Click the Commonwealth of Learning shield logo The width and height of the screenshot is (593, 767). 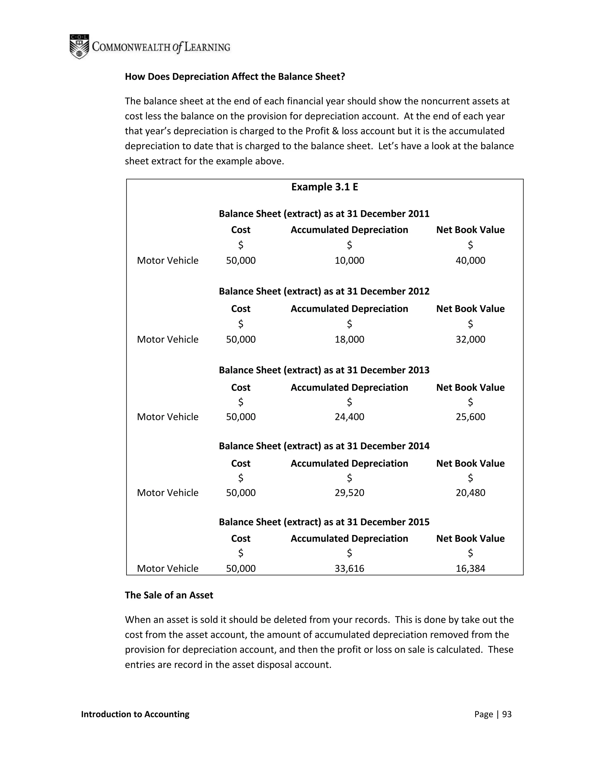point(79,46)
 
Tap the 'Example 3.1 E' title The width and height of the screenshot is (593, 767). point(325,187)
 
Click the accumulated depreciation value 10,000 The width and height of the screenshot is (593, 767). point(349,260)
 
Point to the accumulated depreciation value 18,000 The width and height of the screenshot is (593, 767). point(349,339)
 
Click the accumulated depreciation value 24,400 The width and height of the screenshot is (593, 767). point(349,416)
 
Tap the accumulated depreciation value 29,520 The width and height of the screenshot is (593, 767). point(349,492)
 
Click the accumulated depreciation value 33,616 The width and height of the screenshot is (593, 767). point(349,568)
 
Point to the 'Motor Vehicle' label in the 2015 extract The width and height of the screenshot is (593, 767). point(168,568)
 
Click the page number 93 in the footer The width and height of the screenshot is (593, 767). point(507,714)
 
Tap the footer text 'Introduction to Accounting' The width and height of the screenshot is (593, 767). point(135,714)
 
